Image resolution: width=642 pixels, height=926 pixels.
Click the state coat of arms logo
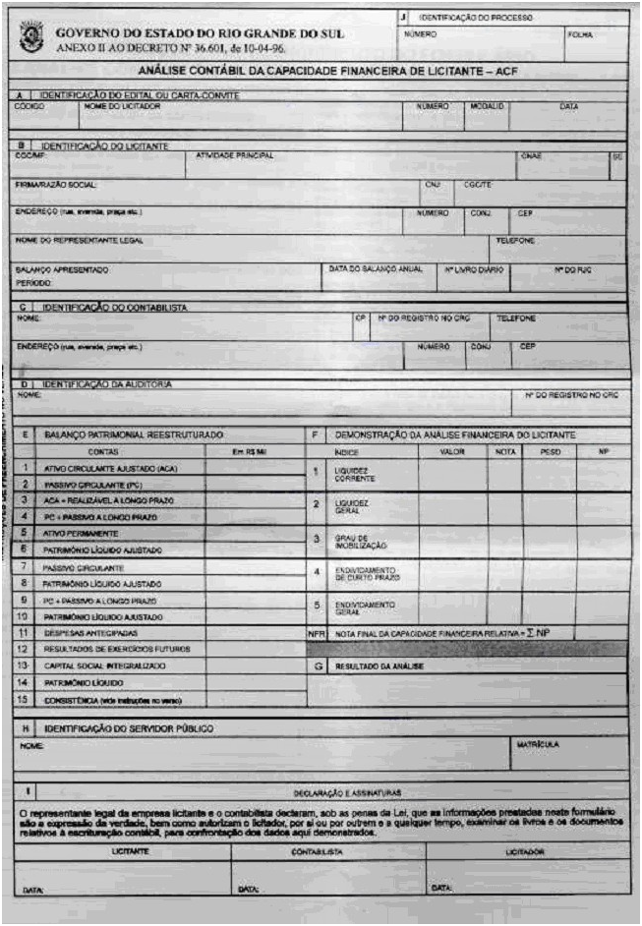click(30, 38)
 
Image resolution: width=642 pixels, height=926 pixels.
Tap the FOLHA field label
click(580, 34)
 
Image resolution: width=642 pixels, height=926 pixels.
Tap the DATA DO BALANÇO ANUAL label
click(375, 267)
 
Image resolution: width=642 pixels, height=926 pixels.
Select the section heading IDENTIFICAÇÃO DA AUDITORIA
click(108, 383)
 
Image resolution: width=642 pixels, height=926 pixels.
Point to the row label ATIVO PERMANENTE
click(81, 533)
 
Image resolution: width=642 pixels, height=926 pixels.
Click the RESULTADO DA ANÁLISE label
click(379, 666)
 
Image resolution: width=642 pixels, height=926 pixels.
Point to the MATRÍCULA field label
click(537, 745)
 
